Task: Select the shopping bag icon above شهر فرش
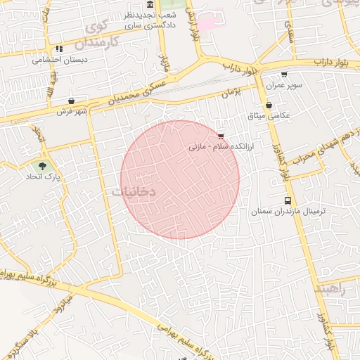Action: point(72,101)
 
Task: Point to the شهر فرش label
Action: point(72,111)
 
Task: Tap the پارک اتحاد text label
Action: point(44,176)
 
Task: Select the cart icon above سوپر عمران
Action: point(284,74)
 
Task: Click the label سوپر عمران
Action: point(284,85)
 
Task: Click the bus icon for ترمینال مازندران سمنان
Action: point(287,200)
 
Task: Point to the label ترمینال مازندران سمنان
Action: point(280,211)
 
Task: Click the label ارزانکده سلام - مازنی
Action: point(214,148)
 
